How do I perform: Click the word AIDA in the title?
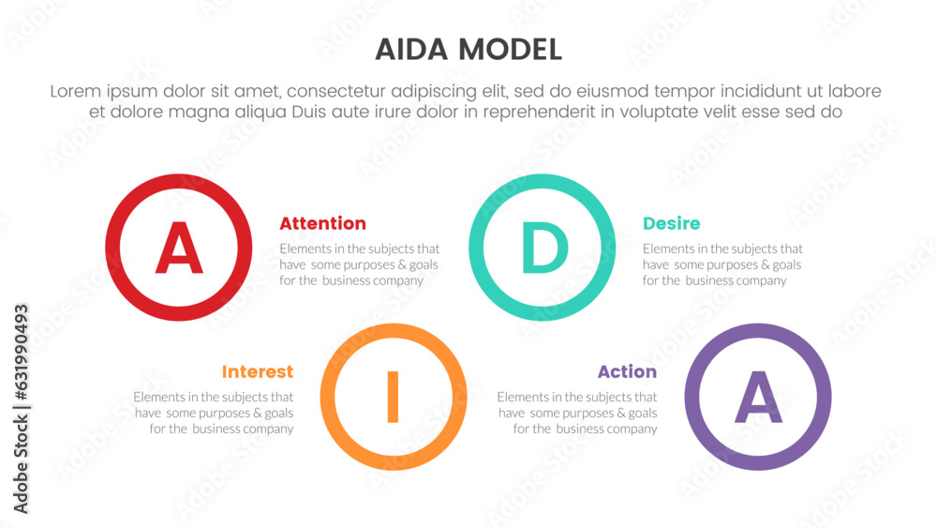pos(411,50)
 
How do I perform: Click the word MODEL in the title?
pos(511,50)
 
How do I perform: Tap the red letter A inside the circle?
pos(179,248)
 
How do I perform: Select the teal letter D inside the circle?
pos(544,248)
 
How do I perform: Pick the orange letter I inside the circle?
pos(393,397)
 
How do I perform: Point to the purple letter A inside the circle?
pos(758,397)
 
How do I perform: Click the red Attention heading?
pos(322,223)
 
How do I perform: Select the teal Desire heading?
pos(672,223)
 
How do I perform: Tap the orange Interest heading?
pos(258,372)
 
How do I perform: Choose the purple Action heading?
pos(628,372)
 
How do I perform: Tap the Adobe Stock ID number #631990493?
pos(21,353)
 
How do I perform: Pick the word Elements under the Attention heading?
pos(305,249)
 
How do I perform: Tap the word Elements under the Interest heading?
pos(158,397)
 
